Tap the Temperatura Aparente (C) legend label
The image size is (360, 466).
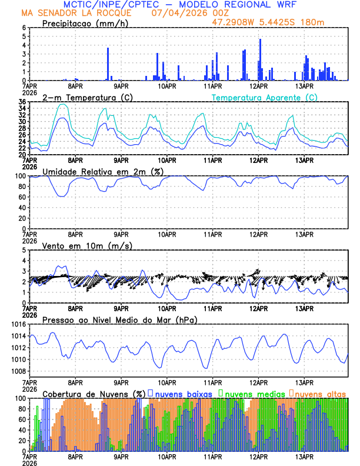(264, 97)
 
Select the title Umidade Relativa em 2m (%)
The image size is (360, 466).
(102, 171)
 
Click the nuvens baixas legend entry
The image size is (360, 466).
(184, 393)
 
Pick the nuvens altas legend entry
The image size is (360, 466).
(321, 393)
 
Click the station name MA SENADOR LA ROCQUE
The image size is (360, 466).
(76, 12)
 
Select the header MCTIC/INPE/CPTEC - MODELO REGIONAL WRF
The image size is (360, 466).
(180, 4)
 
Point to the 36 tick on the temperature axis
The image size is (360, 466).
(22, 102)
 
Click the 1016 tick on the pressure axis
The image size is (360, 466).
(16, 324)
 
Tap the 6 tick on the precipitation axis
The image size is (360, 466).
(24, 28)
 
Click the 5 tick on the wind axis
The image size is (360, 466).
(24, 250)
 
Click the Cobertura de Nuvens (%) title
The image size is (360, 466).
(94, 393)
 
